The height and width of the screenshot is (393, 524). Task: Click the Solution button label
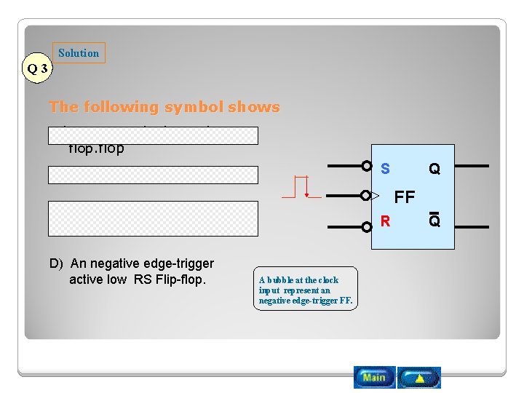click(79, 53)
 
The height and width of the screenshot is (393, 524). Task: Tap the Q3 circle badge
click(37, 69)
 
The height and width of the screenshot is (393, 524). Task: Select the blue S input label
click(385, 169)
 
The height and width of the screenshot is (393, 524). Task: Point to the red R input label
click(385, 221)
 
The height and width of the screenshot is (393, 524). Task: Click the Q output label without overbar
click(434, 169)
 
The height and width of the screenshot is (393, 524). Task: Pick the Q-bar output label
click(434, 221)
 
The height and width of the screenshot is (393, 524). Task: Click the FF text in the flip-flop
click(404, 197)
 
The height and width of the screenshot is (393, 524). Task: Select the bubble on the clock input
click(367, 196)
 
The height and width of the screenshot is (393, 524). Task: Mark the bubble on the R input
click(367, 226)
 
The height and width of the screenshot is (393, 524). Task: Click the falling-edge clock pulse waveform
click(299, 187)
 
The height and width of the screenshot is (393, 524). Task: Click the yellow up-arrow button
click(420, 378)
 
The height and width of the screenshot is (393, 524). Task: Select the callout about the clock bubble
click(306, 289)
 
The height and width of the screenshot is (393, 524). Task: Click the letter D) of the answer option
click(56, 263)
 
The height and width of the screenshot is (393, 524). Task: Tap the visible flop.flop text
click(96, 149)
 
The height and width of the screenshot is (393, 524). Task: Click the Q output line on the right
click(466, 167)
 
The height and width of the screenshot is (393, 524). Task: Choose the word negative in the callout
click(277, 301)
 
